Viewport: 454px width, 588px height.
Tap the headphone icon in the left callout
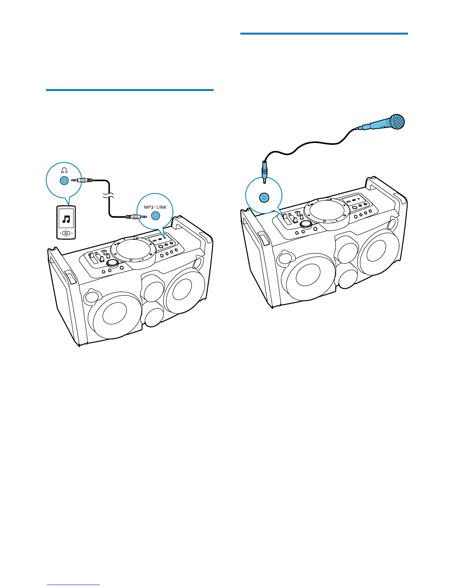[65, 170]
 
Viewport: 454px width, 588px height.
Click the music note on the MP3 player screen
[66, 219]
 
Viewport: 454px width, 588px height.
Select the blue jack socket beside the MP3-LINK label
[156, 215]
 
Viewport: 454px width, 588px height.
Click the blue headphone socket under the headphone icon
[64, 181]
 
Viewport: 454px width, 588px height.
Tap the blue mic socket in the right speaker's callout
[264, 198]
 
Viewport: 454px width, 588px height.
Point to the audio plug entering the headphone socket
[82, 181]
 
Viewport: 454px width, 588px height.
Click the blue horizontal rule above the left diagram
[130, 90]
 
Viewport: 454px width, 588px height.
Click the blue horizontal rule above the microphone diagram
[324, 34]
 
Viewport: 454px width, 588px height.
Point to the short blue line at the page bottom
[74, 585]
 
